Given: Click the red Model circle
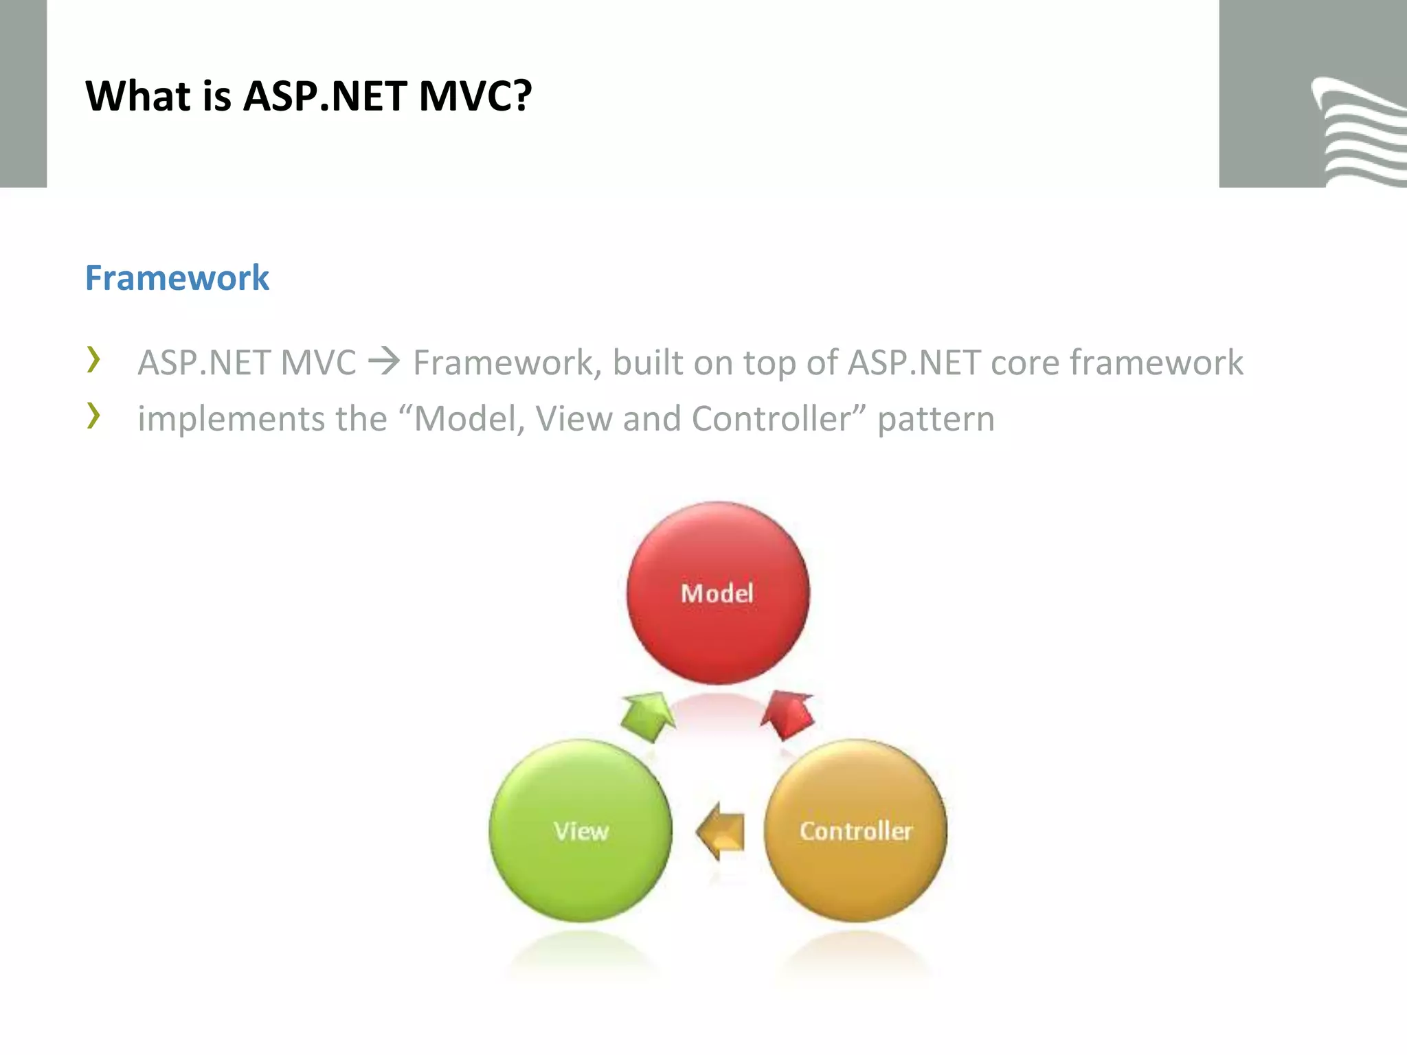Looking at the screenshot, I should pos(718,593).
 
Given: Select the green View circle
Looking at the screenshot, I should pos(581,830).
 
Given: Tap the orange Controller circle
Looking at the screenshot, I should pos(855,830).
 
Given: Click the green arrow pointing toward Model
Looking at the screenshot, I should pos(647,716).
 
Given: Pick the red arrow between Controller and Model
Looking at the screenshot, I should pos(789,714).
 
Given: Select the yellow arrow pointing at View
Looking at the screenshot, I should pos(721,831).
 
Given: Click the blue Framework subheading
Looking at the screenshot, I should pos(177,278).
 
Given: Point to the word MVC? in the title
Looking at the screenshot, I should pos(475,95).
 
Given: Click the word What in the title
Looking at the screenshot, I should pos(138,95).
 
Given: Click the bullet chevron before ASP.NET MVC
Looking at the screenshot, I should pos(94,360).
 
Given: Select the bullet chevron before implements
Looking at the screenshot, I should pos(94,416).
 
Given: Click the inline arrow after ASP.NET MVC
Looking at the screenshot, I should pos(384,361).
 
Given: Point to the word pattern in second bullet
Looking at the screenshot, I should pos(936,420).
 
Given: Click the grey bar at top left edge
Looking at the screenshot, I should pos(23,93).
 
